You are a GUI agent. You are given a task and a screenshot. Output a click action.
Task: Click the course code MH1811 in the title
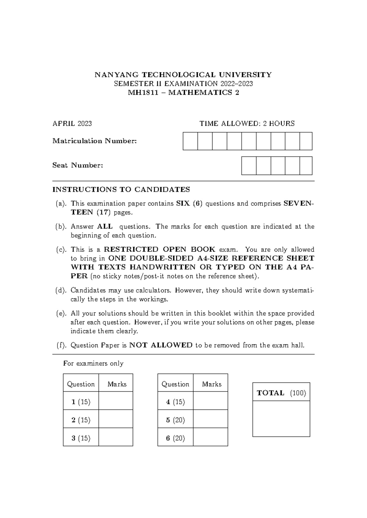[143, 93]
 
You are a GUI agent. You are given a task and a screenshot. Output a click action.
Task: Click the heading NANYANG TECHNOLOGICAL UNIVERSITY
[183, 75]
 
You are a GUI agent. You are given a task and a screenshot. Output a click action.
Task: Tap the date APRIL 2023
[72, 124]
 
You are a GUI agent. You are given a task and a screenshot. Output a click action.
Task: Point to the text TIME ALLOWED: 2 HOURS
[247, 124]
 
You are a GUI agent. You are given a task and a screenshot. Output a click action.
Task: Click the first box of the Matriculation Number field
[190, 141]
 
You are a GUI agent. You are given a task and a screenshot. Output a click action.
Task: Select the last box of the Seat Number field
[306, 166]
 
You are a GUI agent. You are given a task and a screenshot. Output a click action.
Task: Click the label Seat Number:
[78, 166]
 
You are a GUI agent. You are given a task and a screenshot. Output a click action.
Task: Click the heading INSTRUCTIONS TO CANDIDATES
[121, 190]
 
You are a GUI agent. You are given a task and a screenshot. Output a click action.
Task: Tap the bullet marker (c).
[61, 250]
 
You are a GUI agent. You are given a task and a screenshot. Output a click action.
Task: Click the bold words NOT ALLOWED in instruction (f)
[161, 345]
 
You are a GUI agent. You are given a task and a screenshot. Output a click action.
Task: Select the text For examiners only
[93, 363]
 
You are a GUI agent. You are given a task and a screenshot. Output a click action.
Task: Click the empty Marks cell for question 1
[116, 401]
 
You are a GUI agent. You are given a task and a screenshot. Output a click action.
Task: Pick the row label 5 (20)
[175, 420]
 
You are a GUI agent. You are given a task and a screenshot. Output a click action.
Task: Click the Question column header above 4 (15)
[175, 384]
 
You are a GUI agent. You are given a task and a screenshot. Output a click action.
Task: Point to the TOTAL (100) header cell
[281, 393]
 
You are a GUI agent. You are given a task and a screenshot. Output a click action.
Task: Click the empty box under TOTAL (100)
[281, 419]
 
